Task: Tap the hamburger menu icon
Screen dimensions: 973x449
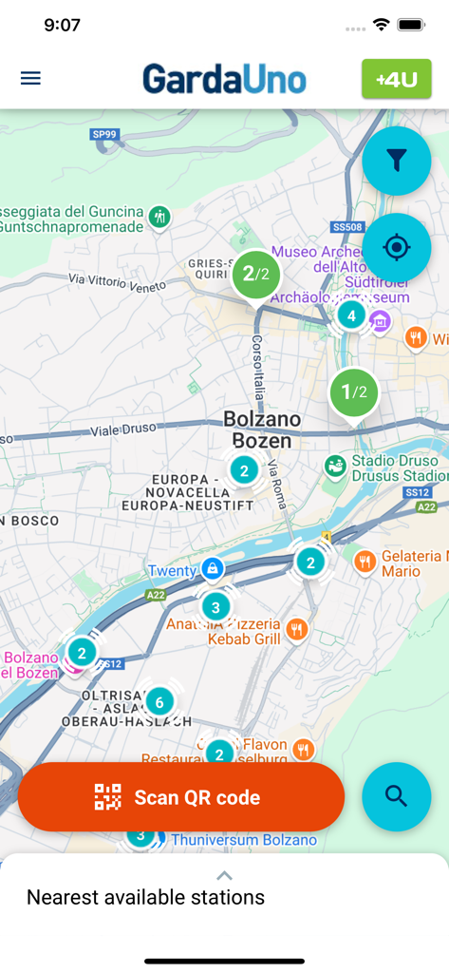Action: click(x=30, y=78)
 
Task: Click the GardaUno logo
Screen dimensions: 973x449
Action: click(x=225, y=79)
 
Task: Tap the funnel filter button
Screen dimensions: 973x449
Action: click(x=396, y=162)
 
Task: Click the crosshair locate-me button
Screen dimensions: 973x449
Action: click(x=396, y=248)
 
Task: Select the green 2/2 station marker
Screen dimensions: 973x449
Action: click(x=256, y=275)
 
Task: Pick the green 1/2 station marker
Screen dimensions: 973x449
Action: click(x=353, y=391)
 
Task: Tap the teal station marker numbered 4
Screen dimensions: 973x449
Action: click(x=351, y=315)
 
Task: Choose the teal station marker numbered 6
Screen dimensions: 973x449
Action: click(x=159, y=702)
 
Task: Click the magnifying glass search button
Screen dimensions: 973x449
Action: click(x=396, y=797)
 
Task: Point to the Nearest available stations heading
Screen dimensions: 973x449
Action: click(x=145, y=897)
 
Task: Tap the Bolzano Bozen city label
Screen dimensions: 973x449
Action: click(x=262, y=429)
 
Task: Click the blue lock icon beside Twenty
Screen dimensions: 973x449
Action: click(x=212, y=570)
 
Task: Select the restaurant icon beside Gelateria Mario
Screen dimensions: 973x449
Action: click(x=365, y=563)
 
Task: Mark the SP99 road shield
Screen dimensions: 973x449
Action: click(x=104, y=135)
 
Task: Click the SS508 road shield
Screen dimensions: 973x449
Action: click(x=348, y=227)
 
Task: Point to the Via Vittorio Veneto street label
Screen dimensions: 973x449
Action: click(x=118, y=279)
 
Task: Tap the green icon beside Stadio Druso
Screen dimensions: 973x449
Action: click(x=334, y=466)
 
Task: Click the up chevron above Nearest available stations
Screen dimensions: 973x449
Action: click(x=224, y=875)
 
